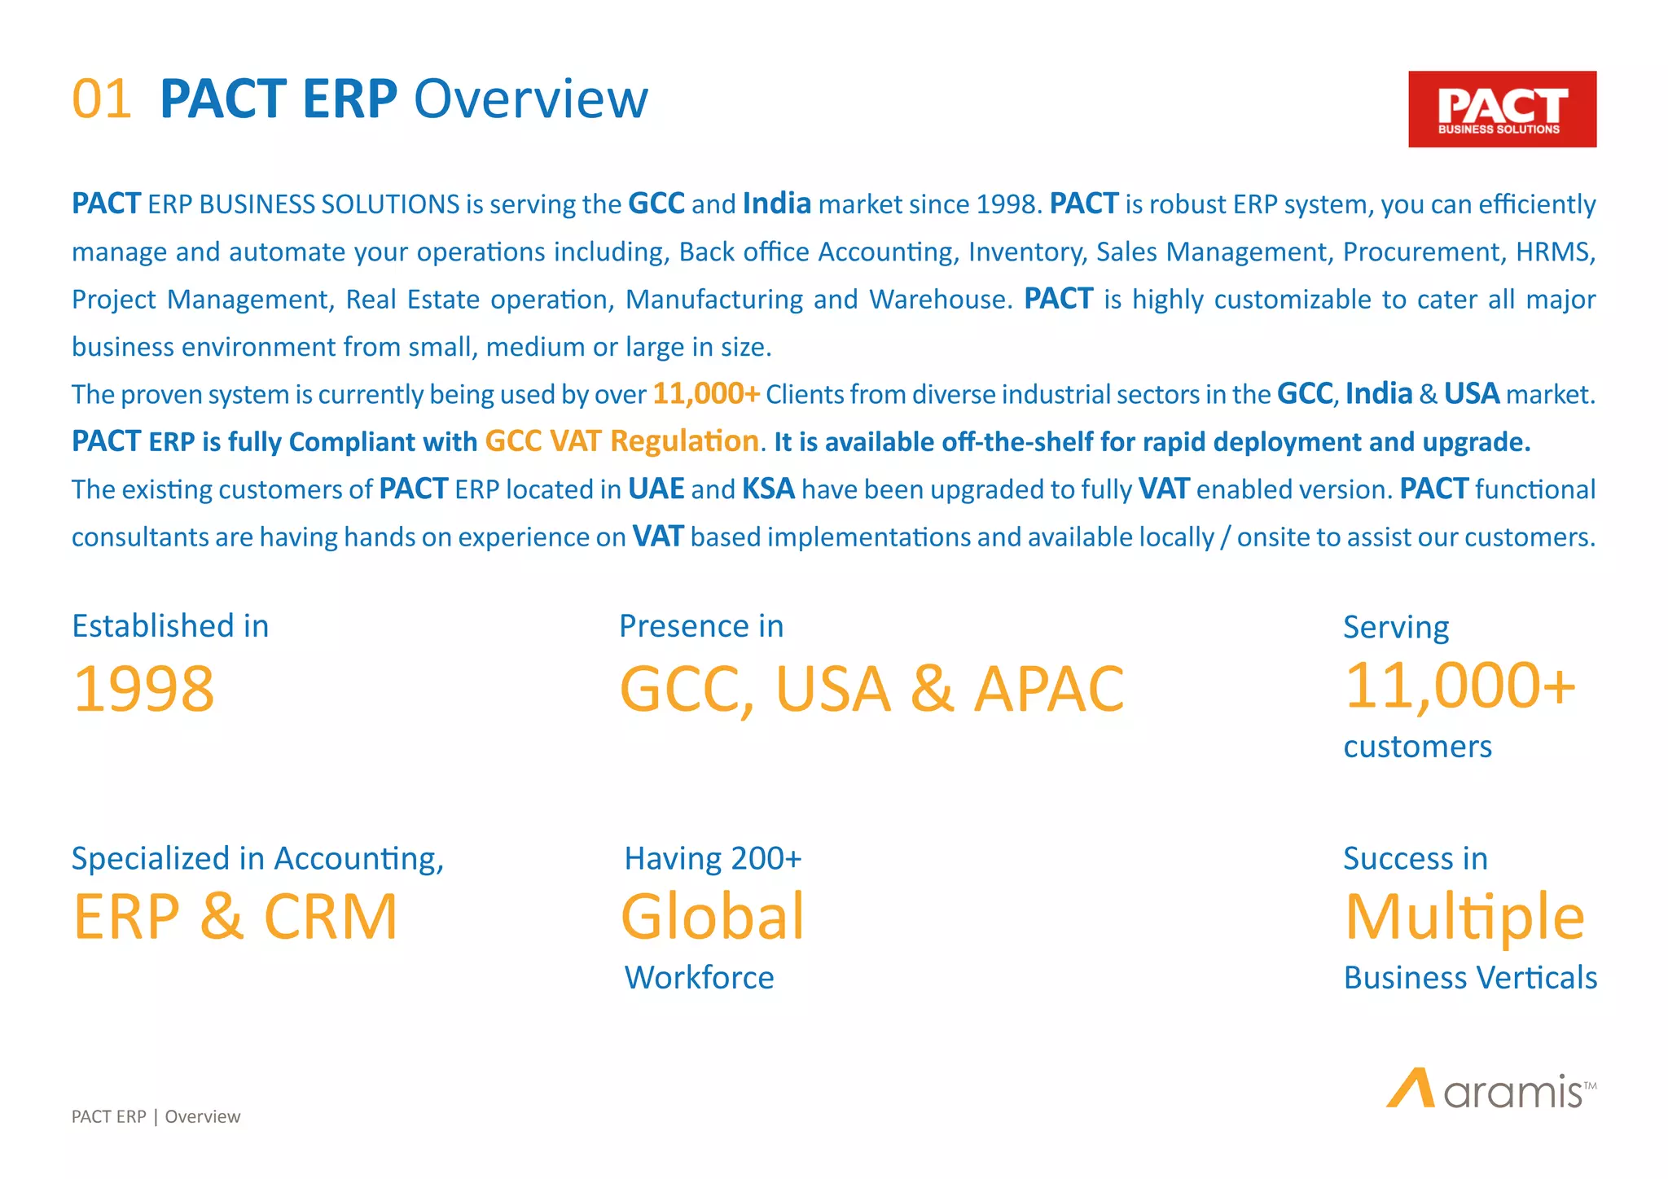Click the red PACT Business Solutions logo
pos(1502,109)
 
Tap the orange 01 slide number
pos(102,99)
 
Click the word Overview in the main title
pos(530,99)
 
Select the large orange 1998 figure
pos(143,689)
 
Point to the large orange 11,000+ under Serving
pos(1459,686)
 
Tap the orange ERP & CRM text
pos(235,917)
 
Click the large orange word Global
pos(713,917)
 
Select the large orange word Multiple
pos(1464,917)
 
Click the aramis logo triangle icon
pos(1411,1089)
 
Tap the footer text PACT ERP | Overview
pos(156,1116)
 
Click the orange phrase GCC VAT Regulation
pos(621,441)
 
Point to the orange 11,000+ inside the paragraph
pos(706,394)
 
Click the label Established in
pos(170,626)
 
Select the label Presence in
pos(701,626)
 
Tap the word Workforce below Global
pos(699,977)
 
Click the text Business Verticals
pos(1470,977)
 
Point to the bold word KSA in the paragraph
pos(768,489)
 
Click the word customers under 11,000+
pos(1417,747)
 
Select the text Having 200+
pos(713,859)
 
